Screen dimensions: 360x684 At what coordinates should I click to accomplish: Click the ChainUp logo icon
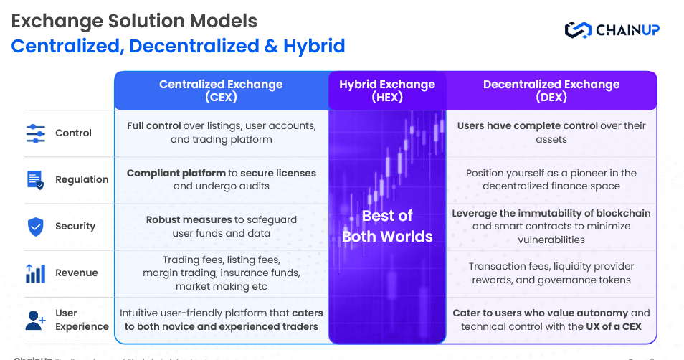coord(576,30)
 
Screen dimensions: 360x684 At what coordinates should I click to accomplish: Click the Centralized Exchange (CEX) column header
coord(221,90)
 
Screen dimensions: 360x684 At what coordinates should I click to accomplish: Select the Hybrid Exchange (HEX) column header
coord(387,90)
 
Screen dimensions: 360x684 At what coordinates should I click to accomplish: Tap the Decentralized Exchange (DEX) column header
coord(551,90)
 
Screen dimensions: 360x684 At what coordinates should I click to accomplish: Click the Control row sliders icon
coord(35,133)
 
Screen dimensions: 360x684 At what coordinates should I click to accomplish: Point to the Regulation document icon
coord(35,180)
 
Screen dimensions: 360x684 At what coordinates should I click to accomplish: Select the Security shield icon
coord(35,227)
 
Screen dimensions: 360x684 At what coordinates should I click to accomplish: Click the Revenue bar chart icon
coord(35,273)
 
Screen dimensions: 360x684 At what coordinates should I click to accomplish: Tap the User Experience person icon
coord(35,320)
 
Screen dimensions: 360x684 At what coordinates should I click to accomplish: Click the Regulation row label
coord(82,180)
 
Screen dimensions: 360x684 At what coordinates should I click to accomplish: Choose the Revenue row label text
coord(77,273)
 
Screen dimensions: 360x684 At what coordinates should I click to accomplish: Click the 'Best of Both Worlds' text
coord(387,226)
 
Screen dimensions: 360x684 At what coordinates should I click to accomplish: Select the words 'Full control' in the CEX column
coord(154,125)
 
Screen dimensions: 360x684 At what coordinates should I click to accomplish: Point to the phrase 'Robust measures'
coord(188,219)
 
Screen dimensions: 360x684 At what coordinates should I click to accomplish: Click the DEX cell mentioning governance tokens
coord(551,273)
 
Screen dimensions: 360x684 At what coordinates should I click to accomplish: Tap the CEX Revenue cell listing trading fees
coord(221,273)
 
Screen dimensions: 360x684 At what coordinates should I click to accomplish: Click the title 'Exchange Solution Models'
coord(134,21)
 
